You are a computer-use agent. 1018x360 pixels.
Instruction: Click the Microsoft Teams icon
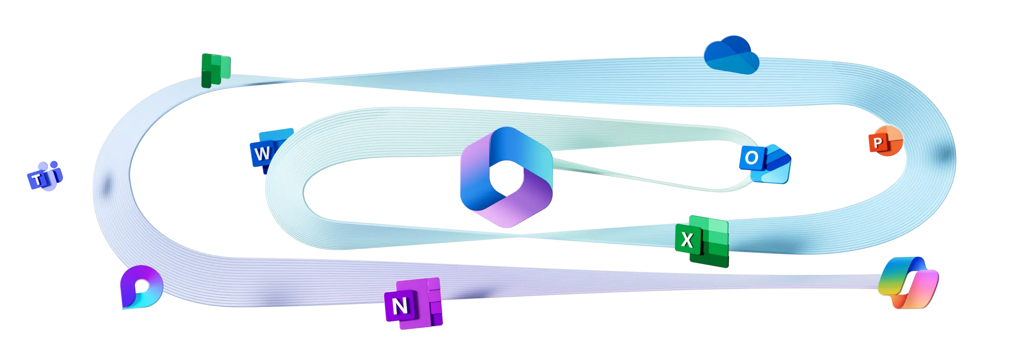pyautogui.click(x=45, y=175)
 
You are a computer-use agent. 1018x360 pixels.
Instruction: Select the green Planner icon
pyautogui.click(x=216, y=70)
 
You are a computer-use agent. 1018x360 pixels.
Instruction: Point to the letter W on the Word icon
pyautogui.click(x=262, y=154)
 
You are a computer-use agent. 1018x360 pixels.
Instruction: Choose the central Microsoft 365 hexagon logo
pyautogui.click(x=506, y=177)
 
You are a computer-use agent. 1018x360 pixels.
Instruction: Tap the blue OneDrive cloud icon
pyautogui.click(x=732, y=55)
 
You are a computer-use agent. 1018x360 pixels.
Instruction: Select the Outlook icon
pyautogui.click(x=765, y=163)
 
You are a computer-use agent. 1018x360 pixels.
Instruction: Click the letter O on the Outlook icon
pyautogui.click(x=752, y=158)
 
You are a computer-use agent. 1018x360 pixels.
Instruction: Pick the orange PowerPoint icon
pyautogui.click(x=886, y=141)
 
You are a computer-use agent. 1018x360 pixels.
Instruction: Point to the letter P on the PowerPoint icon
pyautogui.click(x=878, y=143)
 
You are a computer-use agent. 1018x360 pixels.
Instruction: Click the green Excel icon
pyautogui.click(x=703, y=241)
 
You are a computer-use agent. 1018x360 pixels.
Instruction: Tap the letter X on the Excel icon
pyautogui.click(x=687, y=240)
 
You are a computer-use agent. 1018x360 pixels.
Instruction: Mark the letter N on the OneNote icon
pyautogui.click(x=400, y=306)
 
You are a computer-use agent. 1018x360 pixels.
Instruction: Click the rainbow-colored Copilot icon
pyautogui.click(x=908, y=282)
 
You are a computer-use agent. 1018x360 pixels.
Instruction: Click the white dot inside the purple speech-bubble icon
pyautogui.click(x=142, y=285)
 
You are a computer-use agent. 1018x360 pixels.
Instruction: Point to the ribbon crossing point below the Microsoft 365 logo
pyautogui.click(x=520, y=235)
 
